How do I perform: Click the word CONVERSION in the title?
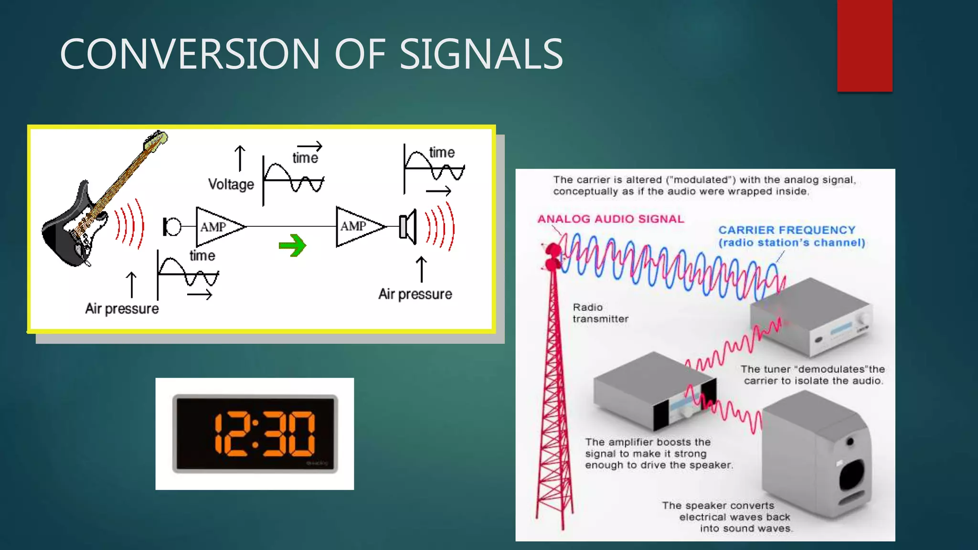[x=190, y=54]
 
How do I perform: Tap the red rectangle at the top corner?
[x=864, y=45]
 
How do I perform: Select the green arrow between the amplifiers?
[x=292, y=245]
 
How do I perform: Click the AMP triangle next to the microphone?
[x=217, y=227]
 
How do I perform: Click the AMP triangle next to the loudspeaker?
[x=357, y=226]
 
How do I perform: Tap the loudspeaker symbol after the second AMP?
[x=408, y=226]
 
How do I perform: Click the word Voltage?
[x=231, y=184]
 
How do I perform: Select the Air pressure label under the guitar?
[x=122, y=309]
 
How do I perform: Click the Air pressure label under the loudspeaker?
[x=415, y=294]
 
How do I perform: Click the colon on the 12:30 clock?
[x=255, y=434]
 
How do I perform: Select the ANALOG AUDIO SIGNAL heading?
[x=611, y=219]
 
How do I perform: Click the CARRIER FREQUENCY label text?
[x=787, y=230]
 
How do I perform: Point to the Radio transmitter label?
[x=600, y=313]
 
